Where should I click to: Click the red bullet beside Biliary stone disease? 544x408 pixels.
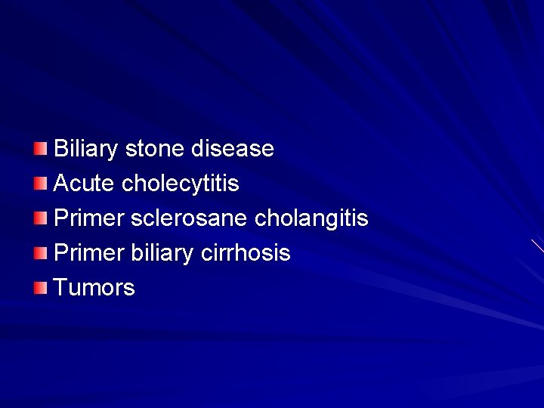[x=41, y=147]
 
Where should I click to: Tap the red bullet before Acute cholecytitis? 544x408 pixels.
[x=41, y=182]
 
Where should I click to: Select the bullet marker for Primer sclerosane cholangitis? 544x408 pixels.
[x=41, y=218]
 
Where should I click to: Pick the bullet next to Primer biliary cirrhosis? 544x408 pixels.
[x=41, y=252]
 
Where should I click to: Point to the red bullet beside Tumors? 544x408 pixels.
[x=41, y=287]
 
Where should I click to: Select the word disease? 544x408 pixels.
[x=232, y=149]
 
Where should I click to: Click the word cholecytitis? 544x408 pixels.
[x=180, y=184]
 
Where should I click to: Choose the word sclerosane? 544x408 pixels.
[x=189, y=218]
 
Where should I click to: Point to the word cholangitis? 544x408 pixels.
[x=311, y=218]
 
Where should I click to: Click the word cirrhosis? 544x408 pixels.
[x=246, y=253]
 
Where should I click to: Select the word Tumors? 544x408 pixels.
[x=94, y=288]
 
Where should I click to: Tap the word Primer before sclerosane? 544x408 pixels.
[x=89, y=218]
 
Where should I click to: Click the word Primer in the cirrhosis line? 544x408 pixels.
[x=89, y=253]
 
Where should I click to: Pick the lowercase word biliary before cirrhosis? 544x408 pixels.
[x=162, y=253]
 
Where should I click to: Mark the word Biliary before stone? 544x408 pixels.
[x=86, y=149]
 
